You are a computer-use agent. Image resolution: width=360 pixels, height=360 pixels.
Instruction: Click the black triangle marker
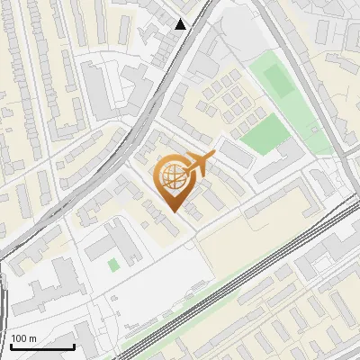click(182, 24)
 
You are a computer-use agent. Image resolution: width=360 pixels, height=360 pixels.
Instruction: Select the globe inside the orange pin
click(172, 177)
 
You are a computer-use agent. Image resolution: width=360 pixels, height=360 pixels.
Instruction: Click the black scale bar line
click(42, 347)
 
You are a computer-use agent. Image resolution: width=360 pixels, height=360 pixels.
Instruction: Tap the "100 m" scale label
click(25, 338)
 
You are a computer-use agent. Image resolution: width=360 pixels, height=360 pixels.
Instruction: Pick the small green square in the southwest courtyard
click(112, 265)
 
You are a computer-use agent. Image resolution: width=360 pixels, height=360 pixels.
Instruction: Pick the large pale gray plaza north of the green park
click(238, 36)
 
